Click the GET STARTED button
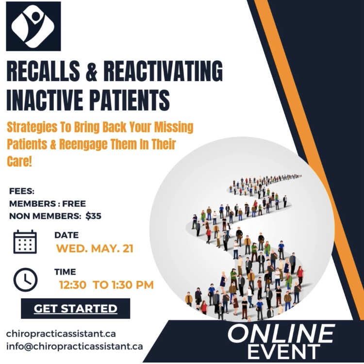pyautogui.click(x=75, y=308)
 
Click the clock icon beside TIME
pyautogui.click(x=25, y=279)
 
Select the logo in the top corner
pyautogui.click(x=33, y=26)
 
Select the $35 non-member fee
pyautogui.click(x=93, y=216)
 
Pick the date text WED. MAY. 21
pyautogui.click(x=95, y=249)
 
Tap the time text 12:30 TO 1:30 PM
pyautogui.click(x=106, y=285)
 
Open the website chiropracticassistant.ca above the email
pyautogui.click(x=61, y=334)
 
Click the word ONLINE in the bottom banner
pyautogui.click(x=281, y=334)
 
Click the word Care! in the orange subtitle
pyautogui.click(x=19, y=161)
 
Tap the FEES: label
pyautogui.click(x=22, y=191)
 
